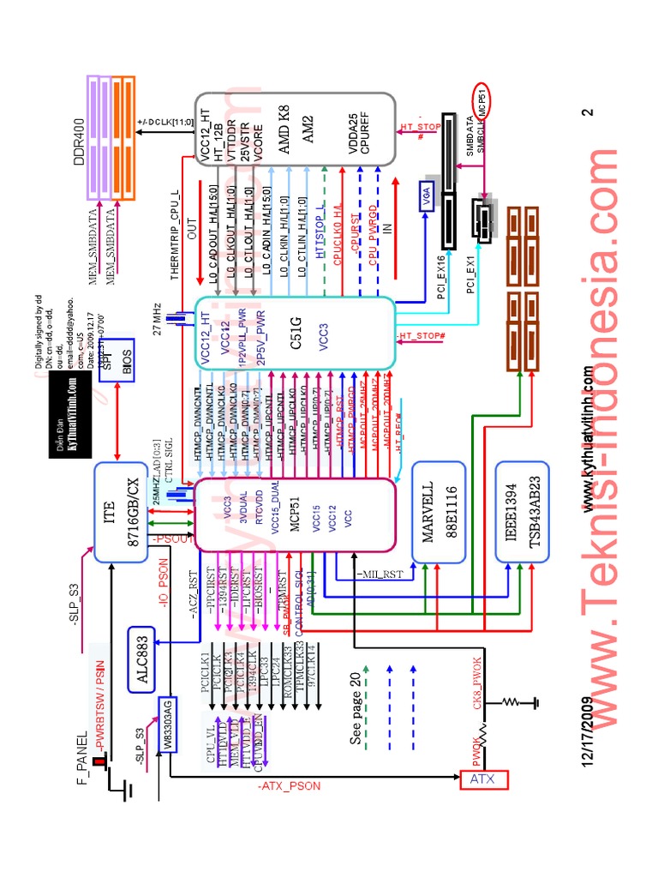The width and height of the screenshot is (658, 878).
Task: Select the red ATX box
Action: click(x=485, y=779)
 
